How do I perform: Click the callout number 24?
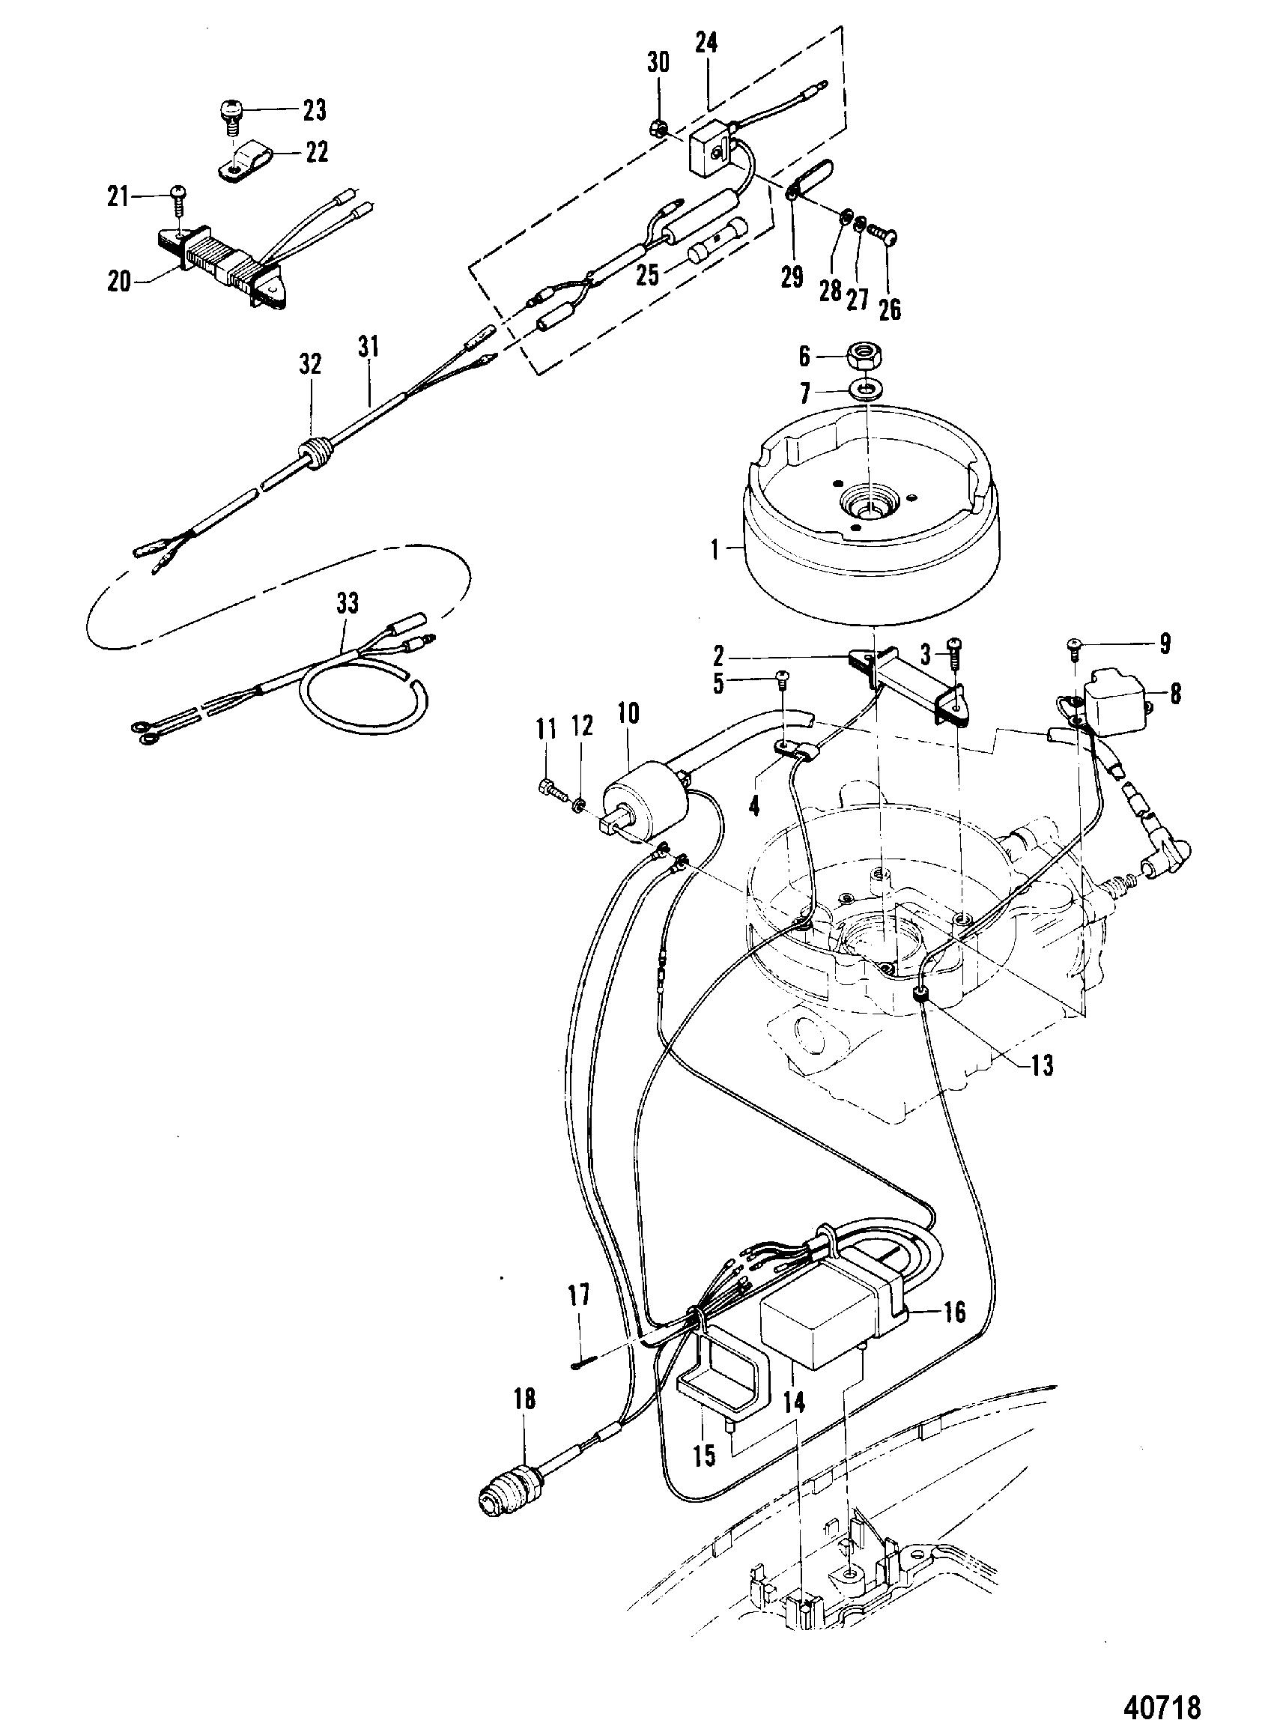pos(706,43)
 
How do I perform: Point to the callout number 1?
pos(715,548)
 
